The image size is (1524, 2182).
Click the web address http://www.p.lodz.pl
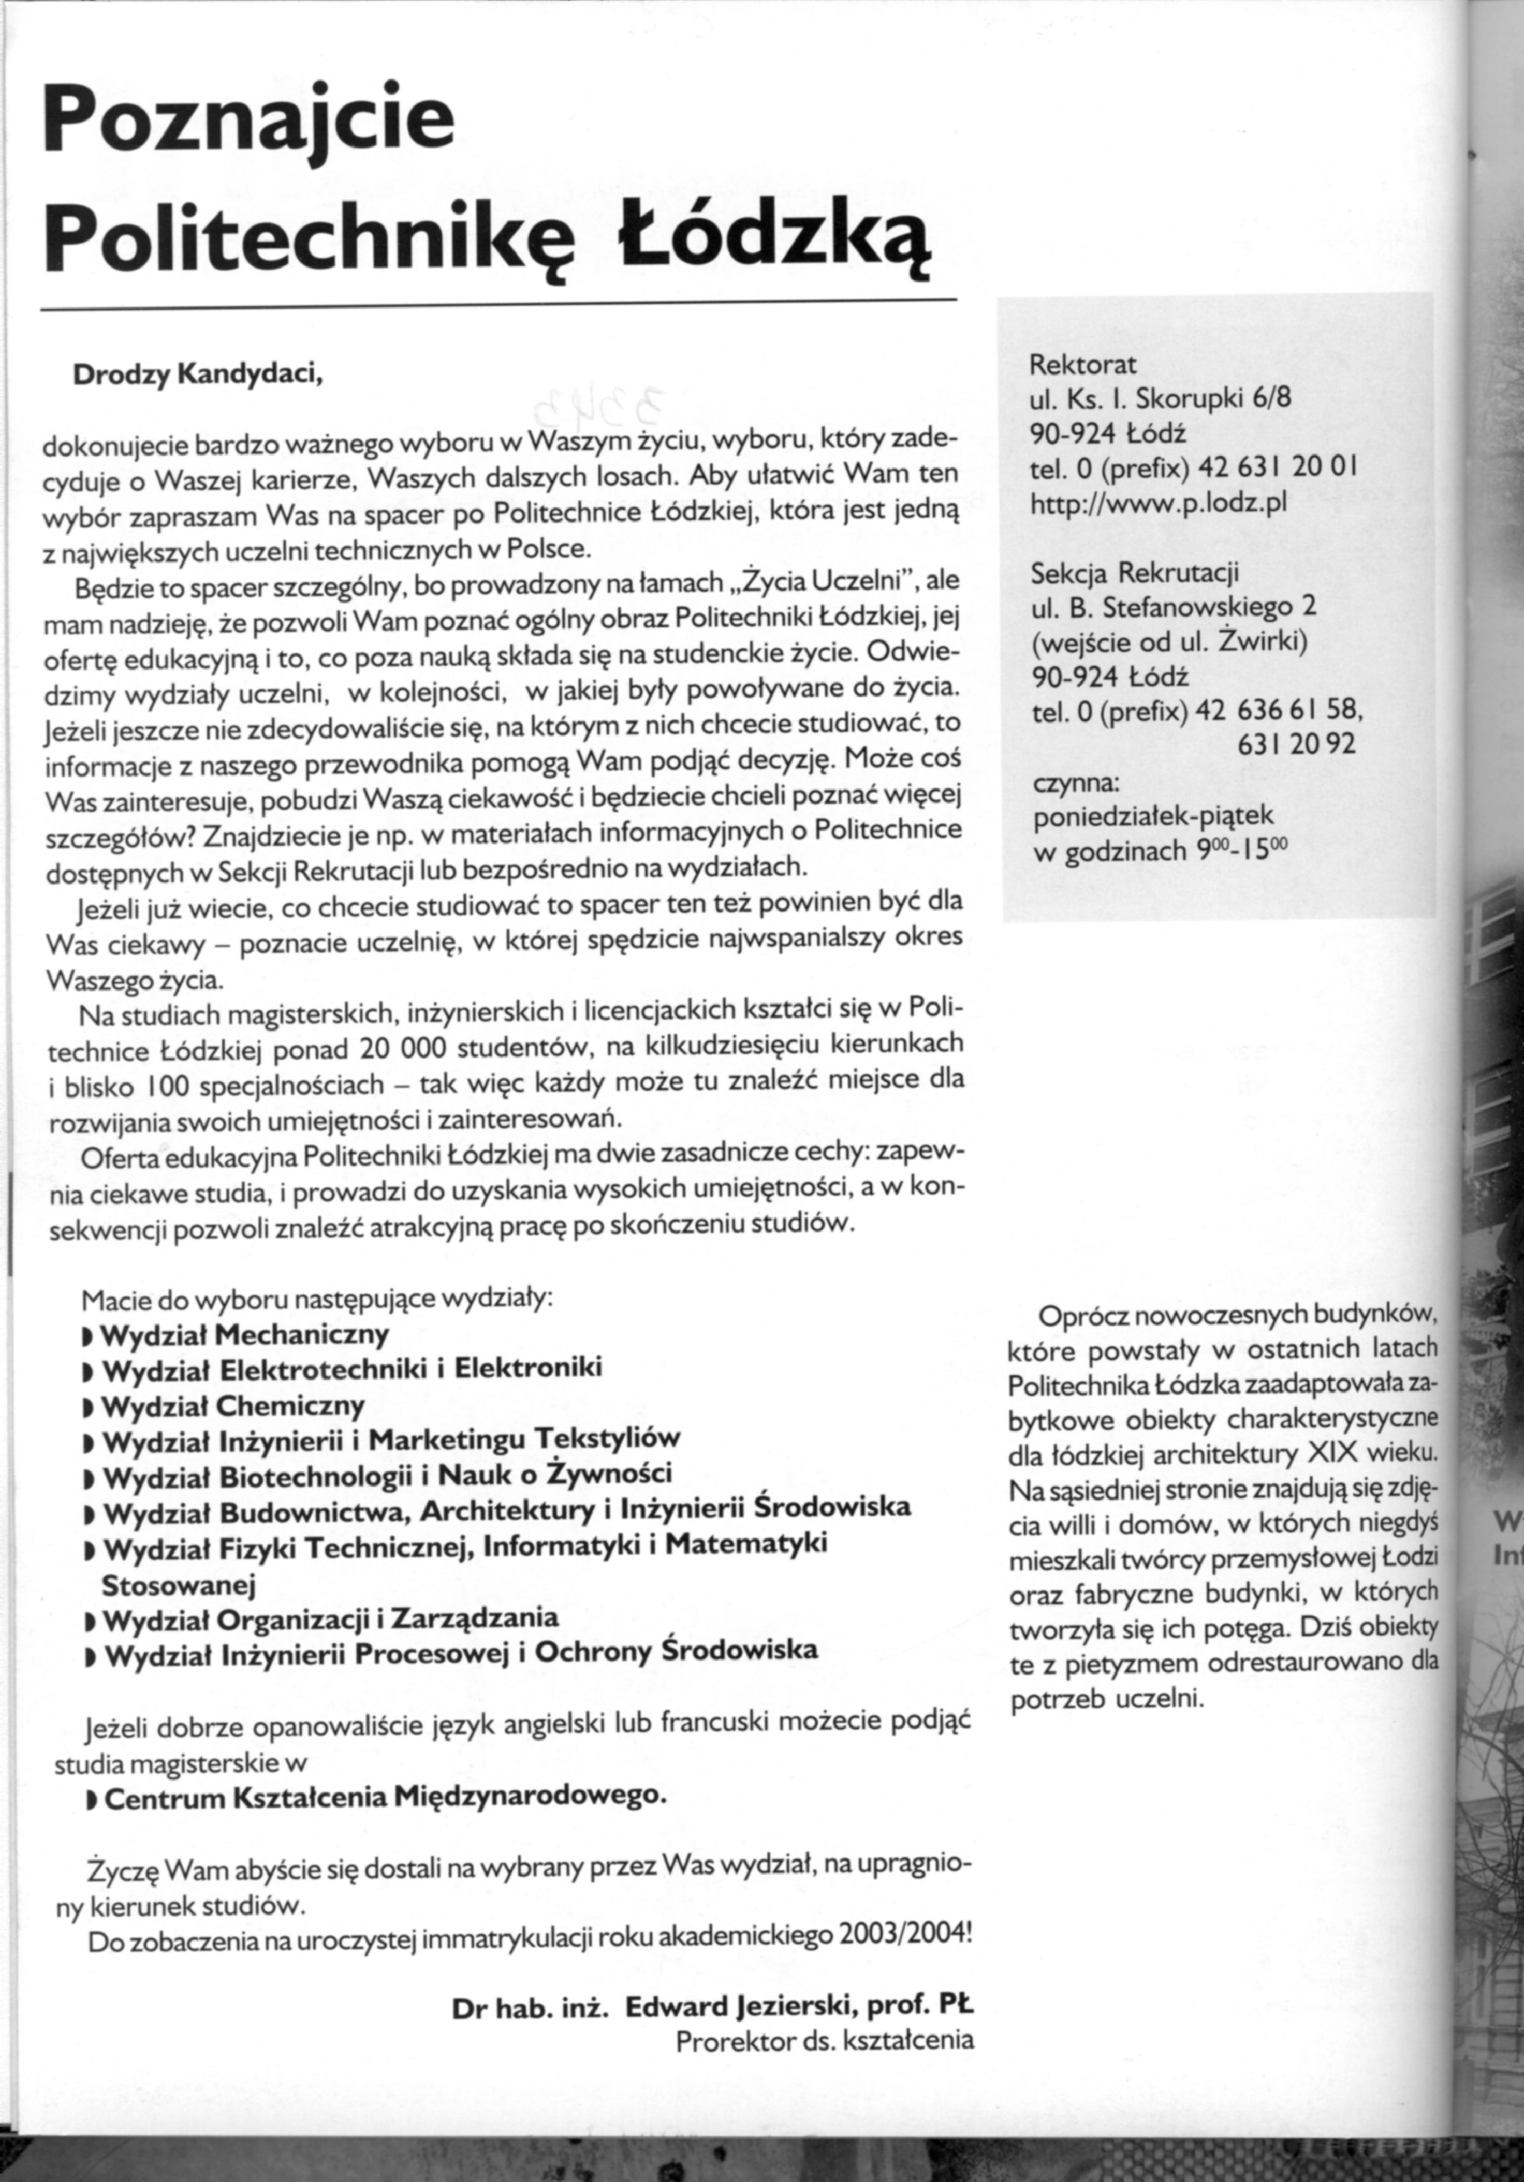click(1158, 503)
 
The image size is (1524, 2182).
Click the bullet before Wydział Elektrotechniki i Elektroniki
click(88, 1371)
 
